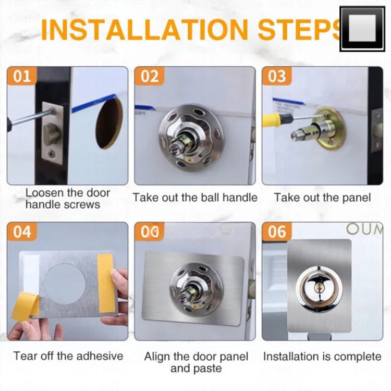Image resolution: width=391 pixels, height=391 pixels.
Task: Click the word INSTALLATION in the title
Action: tap(144, 29)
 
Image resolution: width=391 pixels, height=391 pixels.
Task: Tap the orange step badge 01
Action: tap(22, 76)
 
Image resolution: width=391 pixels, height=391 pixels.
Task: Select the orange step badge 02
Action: tap(150, 76)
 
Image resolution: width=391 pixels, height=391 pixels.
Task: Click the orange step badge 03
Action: tap(277, 76)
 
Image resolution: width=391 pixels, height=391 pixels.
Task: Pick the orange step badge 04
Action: tap(22, 231)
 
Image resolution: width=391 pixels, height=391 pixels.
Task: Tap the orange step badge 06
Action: tap(277, 231)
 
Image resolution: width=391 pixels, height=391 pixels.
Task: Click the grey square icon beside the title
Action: tap(362, 29)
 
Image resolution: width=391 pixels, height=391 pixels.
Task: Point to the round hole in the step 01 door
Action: tap(109, 123)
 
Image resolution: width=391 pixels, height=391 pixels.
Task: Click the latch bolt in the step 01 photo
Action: tap(52, 132)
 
